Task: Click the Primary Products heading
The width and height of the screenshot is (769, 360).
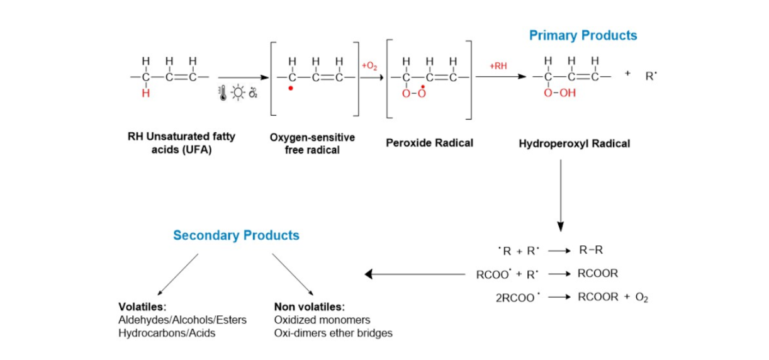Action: [x=583, y=35]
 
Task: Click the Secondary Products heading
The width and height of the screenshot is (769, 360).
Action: [x=236, y=235]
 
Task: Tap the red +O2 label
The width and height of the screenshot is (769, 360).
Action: [x=369, y=65]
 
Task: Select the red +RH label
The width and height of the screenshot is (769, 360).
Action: [x=498, y=65]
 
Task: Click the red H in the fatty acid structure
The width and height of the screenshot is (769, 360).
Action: [x=145, y=93]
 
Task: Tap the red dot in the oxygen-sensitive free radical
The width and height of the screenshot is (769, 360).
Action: [x=290, y=88]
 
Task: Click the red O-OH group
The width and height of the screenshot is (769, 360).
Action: [x=559, y=94]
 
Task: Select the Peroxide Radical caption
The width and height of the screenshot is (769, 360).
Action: [x=429, y=143]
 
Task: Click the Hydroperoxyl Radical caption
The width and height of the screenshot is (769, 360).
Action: [x=574, y=143]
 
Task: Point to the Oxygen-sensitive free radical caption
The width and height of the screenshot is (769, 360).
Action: [x=312, y=143]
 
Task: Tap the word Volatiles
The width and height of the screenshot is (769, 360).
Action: [x=140, y=307]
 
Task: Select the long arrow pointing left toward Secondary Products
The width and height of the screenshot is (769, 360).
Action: [x=415, y=274]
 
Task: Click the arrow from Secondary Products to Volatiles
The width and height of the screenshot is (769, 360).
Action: [x=178, y=274]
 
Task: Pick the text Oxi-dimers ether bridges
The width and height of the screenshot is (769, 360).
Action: [x=333, y=333]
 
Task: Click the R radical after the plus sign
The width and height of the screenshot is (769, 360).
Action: [x=650, y=77]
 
